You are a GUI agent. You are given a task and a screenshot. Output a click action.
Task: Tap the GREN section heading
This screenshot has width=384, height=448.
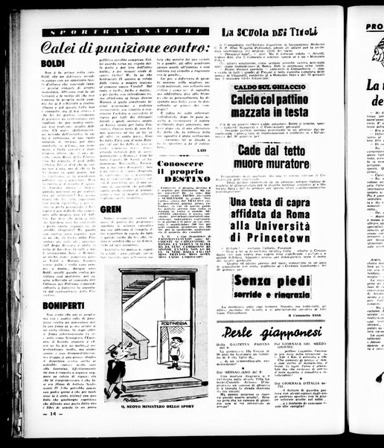(x=110, y=210)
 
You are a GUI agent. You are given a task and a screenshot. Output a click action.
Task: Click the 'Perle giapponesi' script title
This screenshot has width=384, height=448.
(x=275, y=331)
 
